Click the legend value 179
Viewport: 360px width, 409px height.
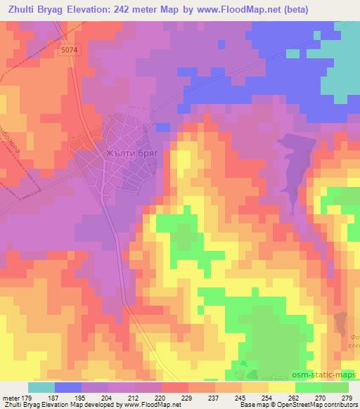coord(27,398)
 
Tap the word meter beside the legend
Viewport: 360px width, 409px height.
coord(10,398)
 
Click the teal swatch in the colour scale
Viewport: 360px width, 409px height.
coord(41,387)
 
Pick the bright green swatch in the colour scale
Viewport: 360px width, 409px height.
coord(309,387)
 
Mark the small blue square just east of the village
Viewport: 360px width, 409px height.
coord(162,126)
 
